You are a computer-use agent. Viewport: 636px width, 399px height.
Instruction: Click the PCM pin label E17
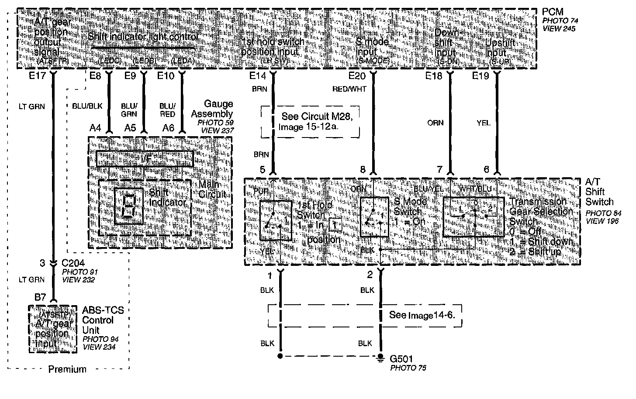38,76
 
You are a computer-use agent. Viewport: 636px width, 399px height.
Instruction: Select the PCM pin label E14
258,76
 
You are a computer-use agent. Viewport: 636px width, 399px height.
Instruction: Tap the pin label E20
357,76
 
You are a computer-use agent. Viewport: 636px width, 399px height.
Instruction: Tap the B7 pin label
40,297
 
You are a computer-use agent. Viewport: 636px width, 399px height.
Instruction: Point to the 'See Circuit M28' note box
310,122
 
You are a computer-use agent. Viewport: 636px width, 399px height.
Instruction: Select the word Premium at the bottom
67,369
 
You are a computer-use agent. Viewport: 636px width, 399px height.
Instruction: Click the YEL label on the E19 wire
484,123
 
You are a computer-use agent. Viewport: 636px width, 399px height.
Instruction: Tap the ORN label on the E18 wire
435,123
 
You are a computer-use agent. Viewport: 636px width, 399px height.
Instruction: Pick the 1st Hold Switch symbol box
276,220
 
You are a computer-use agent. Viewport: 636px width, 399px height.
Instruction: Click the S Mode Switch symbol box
374,217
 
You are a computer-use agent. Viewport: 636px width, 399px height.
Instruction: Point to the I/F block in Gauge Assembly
144,159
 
